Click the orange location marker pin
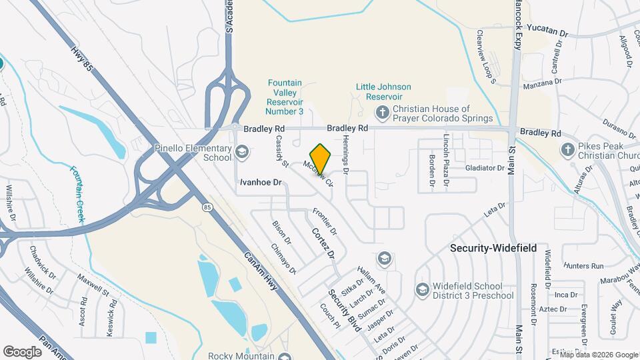click(321, 159)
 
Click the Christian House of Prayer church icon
click(383, 112)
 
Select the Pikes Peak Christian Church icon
click(567, 149)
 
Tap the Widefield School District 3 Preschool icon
click(421, 289)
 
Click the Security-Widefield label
click(493, 247)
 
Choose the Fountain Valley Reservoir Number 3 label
click(285, 97)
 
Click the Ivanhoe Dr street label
click(262, 181)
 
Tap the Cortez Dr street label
click(322, 243)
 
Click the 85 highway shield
click(208, 207)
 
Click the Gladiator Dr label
click(485, 168)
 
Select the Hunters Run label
click(584, 265)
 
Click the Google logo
click(22, 351)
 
